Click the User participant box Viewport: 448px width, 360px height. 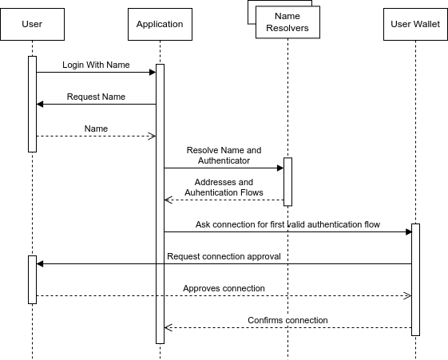32,24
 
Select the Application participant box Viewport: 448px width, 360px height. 160,24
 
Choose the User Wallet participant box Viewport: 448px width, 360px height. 415,24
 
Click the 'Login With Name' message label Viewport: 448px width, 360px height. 96,64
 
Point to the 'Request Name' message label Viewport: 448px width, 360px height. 96,97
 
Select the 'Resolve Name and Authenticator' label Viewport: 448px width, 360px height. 224,155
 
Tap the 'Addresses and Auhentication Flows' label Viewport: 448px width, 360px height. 224,187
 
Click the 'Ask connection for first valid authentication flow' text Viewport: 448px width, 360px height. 287,224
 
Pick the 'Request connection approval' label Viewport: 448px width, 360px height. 224,256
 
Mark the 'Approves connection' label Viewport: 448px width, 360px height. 224,288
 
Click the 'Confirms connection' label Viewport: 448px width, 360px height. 287,320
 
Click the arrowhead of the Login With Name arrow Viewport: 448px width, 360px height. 152,72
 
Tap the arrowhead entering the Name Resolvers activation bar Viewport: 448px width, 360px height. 280,168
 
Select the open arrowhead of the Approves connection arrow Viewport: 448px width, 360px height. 406,295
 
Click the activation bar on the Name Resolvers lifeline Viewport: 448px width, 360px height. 287,182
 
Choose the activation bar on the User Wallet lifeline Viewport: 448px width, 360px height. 415,279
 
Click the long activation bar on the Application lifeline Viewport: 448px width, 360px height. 160,204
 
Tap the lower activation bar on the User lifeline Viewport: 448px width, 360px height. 32,279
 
